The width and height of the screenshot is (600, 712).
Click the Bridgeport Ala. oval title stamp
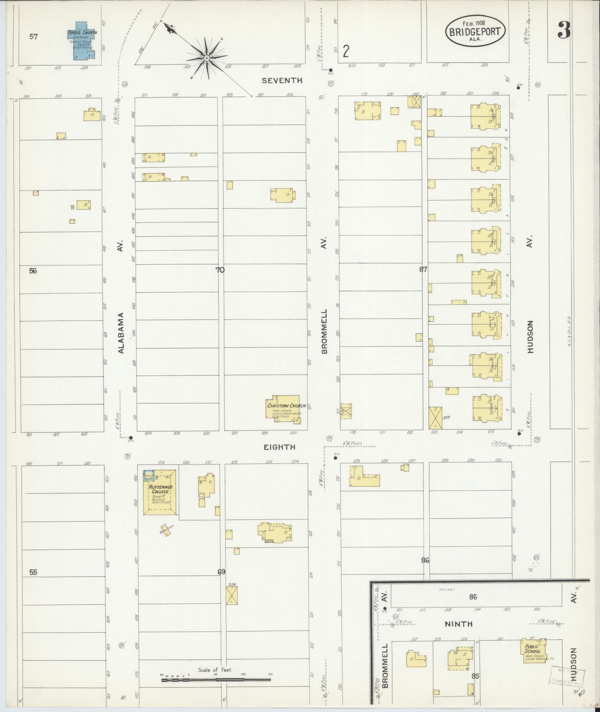coord(475,31)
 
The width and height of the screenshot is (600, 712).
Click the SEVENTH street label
coord(282,80)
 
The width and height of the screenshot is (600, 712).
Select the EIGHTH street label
coord(279,447)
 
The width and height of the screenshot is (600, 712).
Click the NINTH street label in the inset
coord(458,624)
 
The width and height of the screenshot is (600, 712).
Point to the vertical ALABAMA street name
coord(121,332)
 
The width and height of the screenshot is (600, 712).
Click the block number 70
coord(220,270)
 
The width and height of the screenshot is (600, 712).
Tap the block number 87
coord(423,270)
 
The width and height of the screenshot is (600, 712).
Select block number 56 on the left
coord(33,271)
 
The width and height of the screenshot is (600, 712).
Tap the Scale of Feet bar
coord(216,680)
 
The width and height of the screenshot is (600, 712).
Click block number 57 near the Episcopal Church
coord(33,36)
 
